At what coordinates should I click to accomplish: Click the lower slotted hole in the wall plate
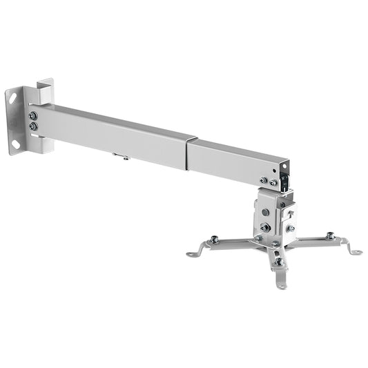pos(14,144)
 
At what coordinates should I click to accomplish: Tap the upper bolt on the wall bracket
pos(33,115)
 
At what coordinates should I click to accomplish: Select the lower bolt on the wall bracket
pos(33,126)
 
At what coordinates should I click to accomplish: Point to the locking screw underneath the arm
pos(125,157)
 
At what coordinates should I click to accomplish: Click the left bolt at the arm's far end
pos(263,181)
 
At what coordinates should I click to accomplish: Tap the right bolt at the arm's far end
pos(274,184)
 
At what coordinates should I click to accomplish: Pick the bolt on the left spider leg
pos(214,240)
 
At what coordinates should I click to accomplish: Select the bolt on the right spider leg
pos(330,236)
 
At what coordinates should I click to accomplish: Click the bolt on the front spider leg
pos(279,262)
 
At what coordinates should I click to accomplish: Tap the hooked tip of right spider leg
pos(357,252)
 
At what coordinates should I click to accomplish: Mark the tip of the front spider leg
pos(281,284)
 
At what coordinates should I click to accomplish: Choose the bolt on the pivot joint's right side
pos(290,228)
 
